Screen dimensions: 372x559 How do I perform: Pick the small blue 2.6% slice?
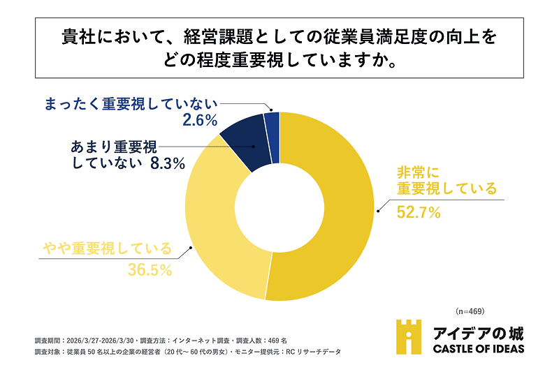[273, 122]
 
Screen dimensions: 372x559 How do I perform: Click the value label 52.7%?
[419, 212]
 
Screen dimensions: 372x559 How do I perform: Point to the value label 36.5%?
[150, 269]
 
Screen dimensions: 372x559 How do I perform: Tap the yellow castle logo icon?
[409, 337]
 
